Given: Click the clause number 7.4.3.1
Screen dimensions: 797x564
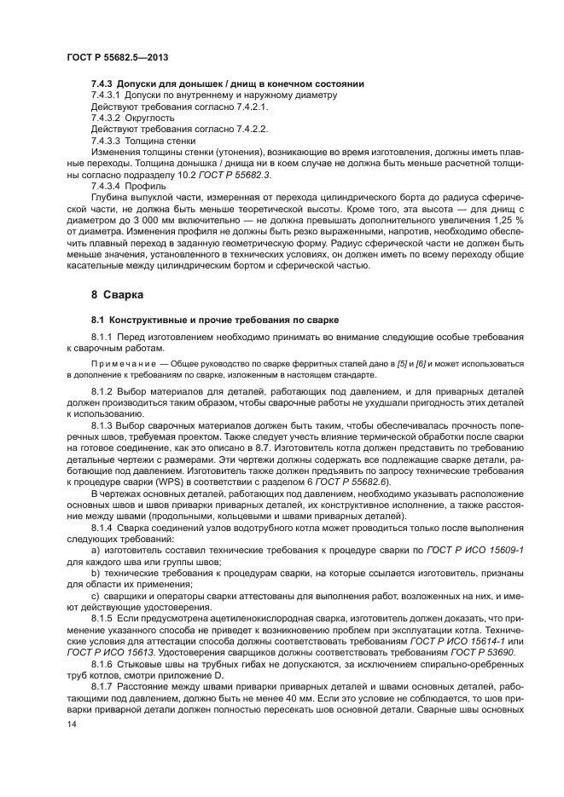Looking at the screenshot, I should pyautogui.click(x=107, y=95).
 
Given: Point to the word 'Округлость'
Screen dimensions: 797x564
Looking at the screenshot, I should pyautogui.click(x=149, y=118).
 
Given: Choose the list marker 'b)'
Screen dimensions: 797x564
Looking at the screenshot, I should pyautogui.click(x=95, y=573).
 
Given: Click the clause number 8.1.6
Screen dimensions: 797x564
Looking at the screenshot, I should pyautogui.click(x=104, y=663).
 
